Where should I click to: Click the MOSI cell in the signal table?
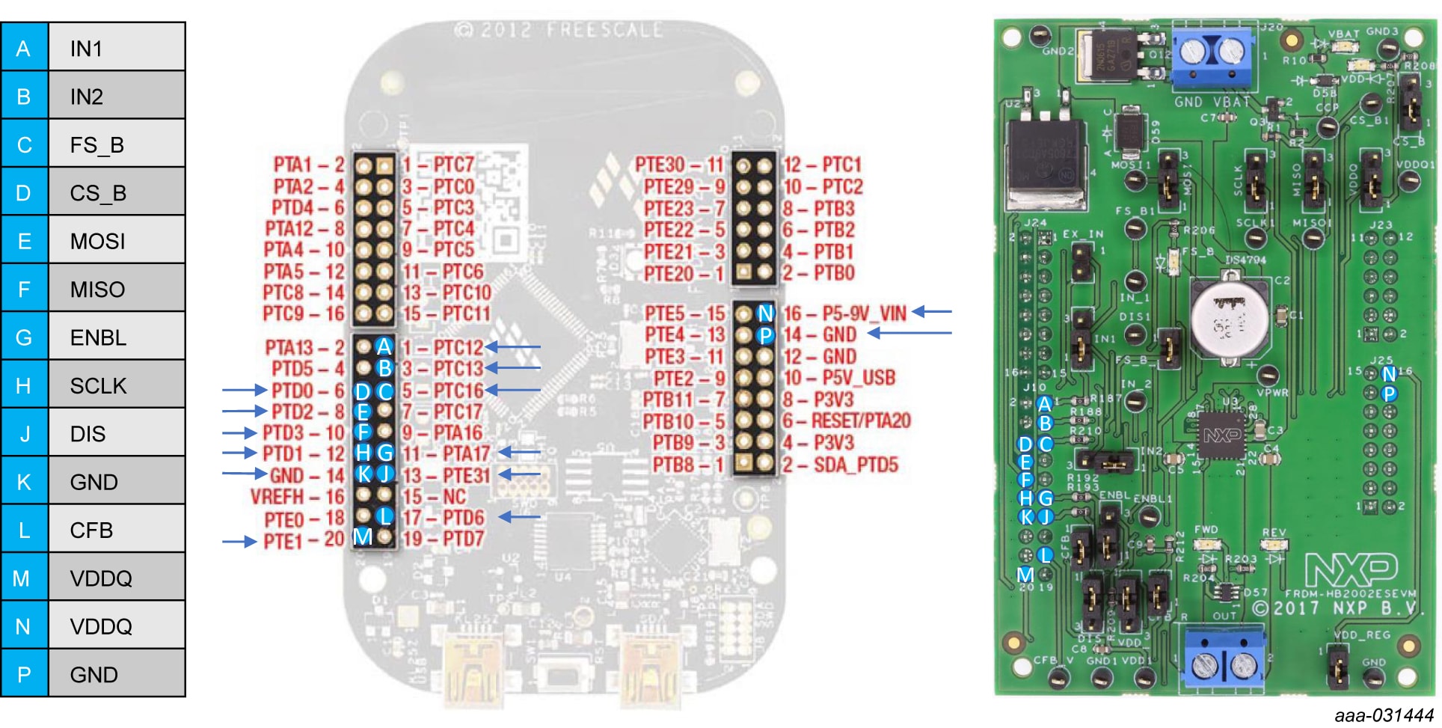coord(116,241)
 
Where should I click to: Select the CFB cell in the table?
coord(116,530)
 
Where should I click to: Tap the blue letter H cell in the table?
coord(24,385)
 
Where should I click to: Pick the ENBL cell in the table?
coord(116,337)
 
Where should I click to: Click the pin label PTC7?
coord(453,165)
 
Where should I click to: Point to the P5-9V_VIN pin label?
coord(864,313)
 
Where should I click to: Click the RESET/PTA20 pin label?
coord(860,420)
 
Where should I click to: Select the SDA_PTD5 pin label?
coord(855,465)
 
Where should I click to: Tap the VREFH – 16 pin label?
coord(297,497)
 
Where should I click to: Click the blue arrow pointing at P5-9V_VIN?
coord(932,311)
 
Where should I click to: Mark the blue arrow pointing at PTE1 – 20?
coord(239,541)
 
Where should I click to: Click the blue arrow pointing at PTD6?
coord(519,516)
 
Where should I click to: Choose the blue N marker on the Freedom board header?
coord(764,313)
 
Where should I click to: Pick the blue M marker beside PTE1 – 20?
coord(363,536)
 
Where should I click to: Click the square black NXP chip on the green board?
coord(1221,435)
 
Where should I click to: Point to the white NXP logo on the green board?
coord(1351,571)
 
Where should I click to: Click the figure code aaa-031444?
coord(1384,715)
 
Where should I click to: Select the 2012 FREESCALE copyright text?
coord(558,30)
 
